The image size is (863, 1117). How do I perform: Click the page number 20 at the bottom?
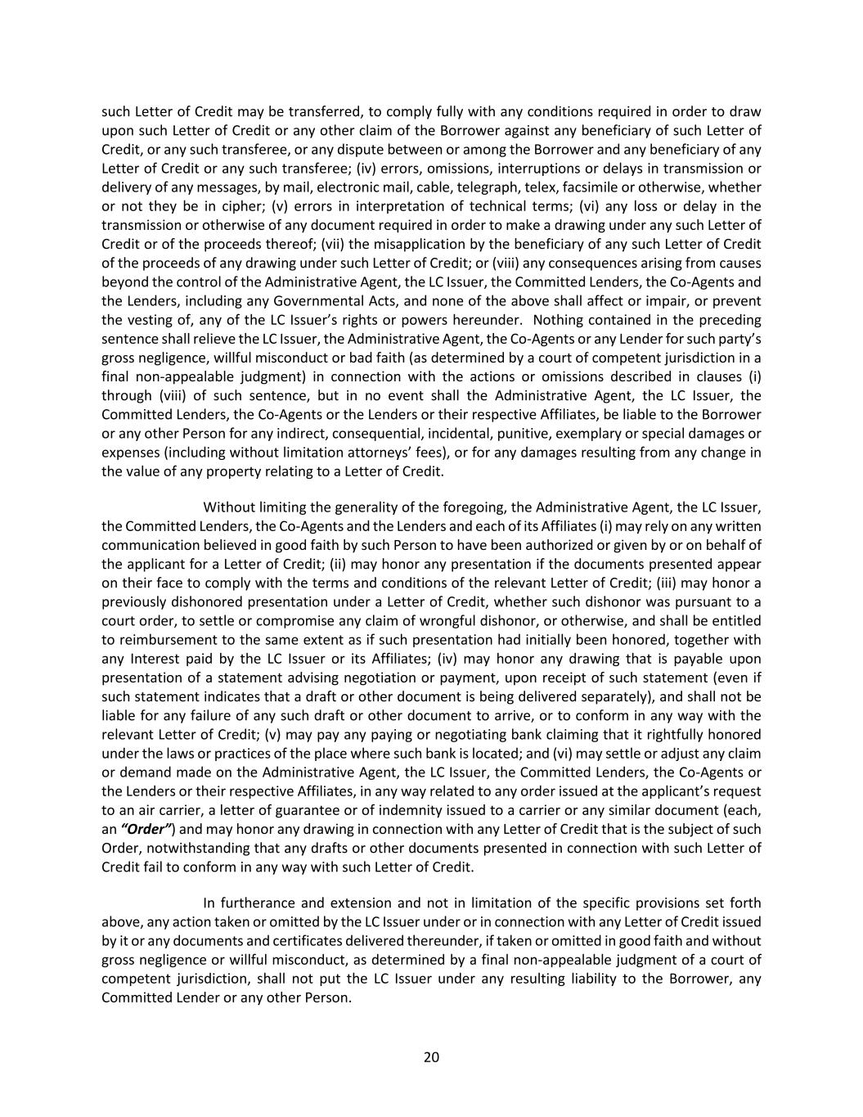tap(431, 1057)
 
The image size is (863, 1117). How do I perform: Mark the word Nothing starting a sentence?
tap(560, 320)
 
